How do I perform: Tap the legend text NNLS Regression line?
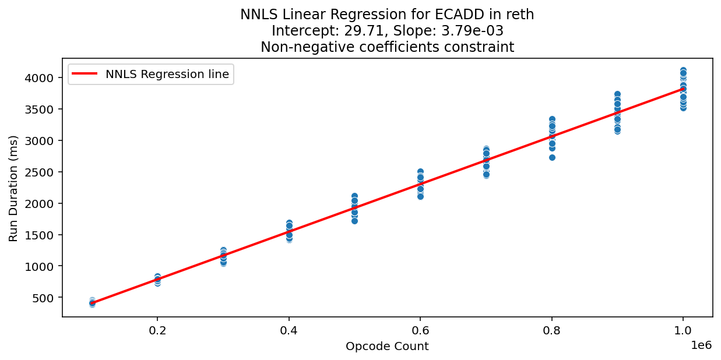(x=167, y=74)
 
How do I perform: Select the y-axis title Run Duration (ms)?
(x=13, y=188)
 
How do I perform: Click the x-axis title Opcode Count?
(x=387, y=347)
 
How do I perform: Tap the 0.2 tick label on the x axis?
(x=157, y=330)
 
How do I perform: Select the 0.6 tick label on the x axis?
(x=420, y=330)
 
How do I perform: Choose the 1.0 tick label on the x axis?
(x=683, y=330)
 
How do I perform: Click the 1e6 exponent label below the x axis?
(x=701, y=344)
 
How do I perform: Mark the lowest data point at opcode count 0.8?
(x=552, y=157)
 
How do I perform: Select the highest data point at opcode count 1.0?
(x=683, y=70)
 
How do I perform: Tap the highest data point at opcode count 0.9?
(x=617, y=94)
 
